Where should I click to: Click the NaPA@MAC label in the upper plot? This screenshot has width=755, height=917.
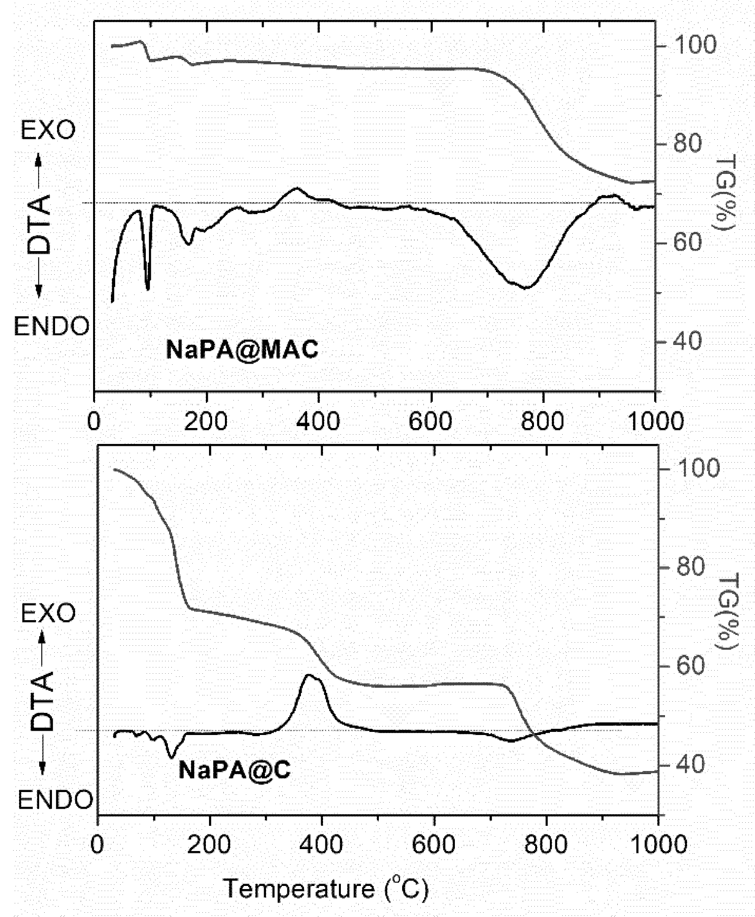tap(242, 350)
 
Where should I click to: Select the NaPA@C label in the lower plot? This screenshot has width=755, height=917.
tap(235, 770)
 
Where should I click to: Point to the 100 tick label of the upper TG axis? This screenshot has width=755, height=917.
tap(695, 45)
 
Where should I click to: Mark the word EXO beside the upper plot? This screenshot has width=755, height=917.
tap(48, 130)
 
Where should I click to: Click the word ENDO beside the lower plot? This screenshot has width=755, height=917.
tap(55, 799)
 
